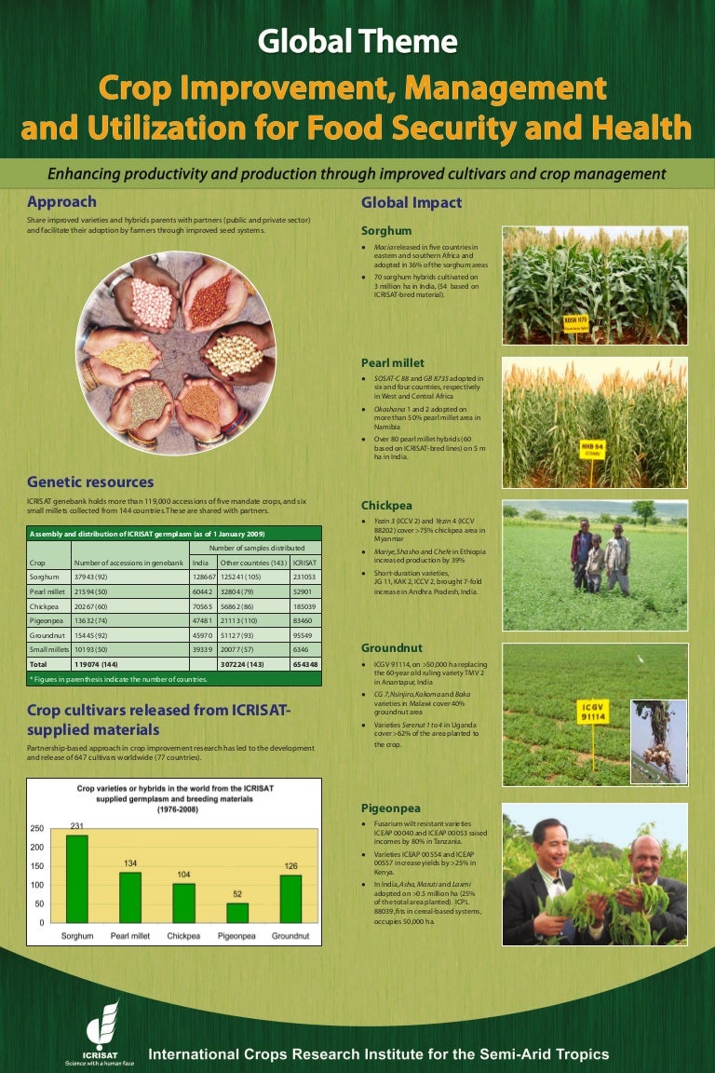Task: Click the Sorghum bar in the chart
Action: click(76, 878)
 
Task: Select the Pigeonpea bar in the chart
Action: click(237, 913)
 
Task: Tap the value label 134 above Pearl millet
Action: click(130, 864)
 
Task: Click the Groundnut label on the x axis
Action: click(291, 935)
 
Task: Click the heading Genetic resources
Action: click(90, 482)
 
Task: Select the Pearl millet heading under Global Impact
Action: click(393, 362)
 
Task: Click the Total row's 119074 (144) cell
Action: click(95, 664)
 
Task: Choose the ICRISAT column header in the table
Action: click(304, 563)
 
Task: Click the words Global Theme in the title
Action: click(357, 41)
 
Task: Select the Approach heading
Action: click(61, 201)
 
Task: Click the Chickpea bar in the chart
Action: click(183, 903)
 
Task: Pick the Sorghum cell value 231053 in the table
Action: click(304, 577)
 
